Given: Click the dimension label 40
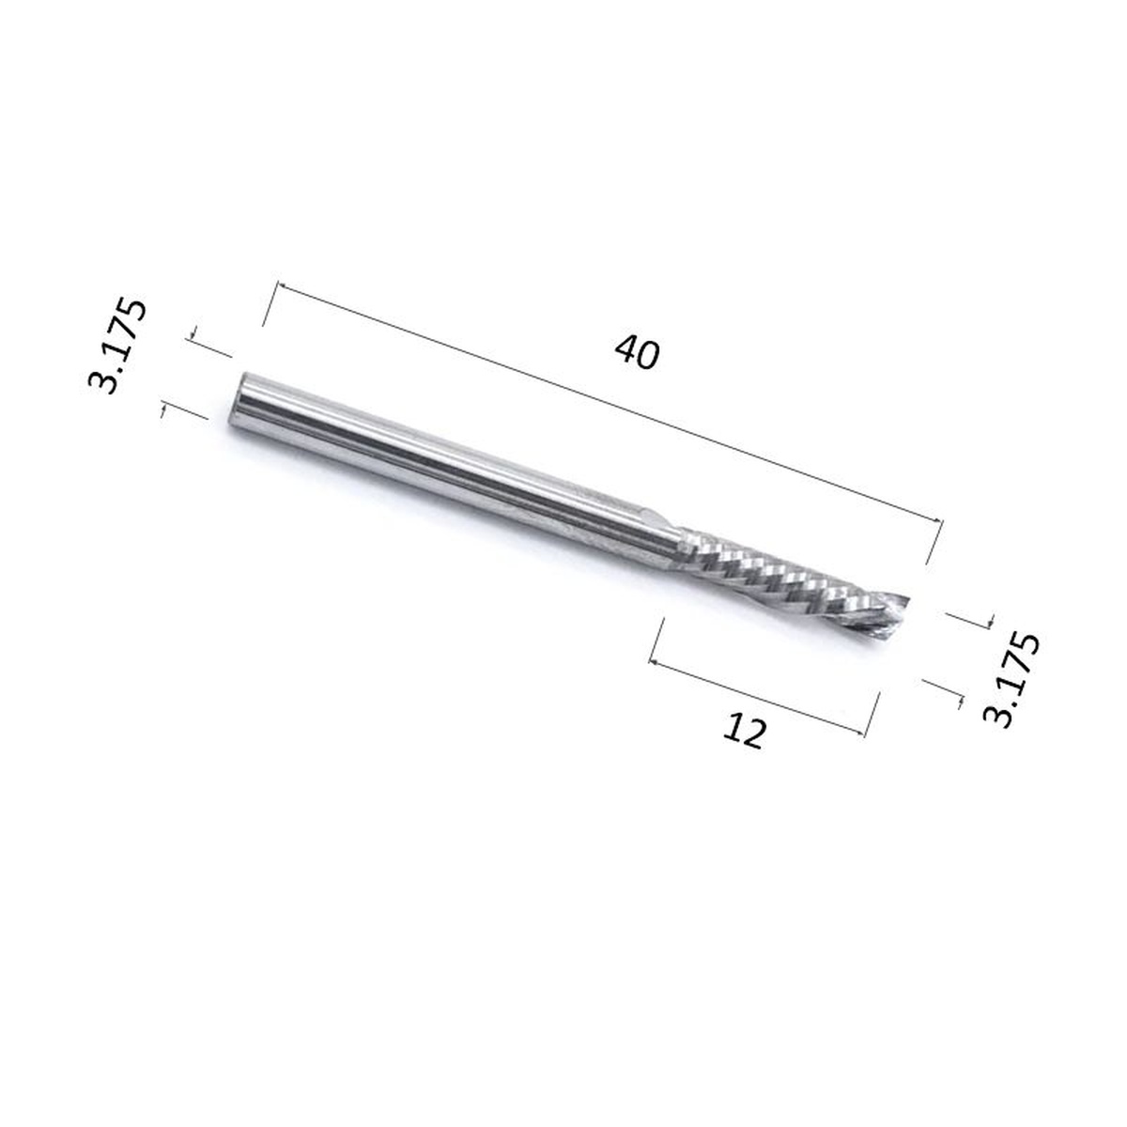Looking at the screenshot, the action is [637, 353].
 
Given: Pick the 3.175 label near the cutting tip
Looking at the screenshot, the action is [1011, 678].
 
